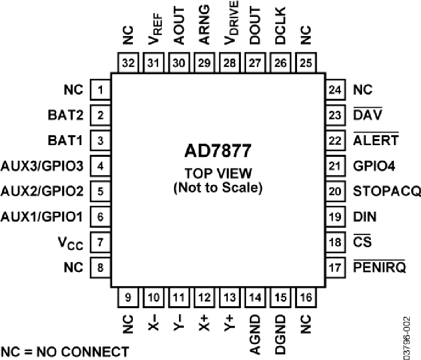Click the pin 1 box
coord(101,89)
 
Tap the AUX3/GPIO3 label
coord(42,166)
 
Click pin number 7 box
coord(101,242)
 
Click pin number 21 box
coord(335,166)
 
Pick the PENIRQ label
coord(380,268)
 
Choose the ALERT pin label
coord(376,140)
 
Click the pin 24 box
coord(335,89)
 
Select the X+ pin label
coord(204,321)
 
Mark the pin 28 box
coord(230,63)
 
